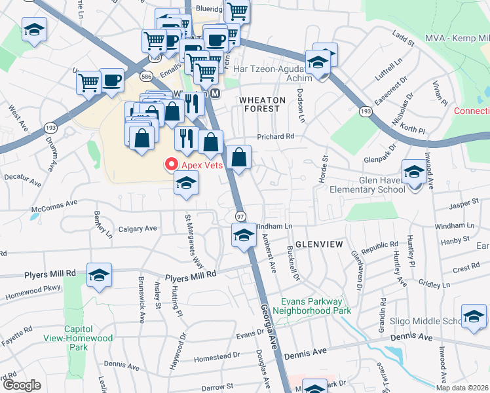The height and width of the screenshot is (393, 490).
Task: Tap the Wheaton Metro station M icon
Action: coord(215,94)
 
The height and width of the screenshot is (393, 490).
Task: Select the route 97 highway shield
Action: coord(240,216)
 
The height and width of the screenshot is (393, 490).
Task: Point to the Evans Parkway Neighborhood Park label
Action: coord(312,306)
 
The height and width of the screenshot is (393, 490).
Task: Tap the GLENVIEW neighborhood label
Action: coord(319,244)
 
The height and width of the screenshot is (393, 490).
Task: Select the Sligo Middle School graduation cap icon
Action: coord(474,317)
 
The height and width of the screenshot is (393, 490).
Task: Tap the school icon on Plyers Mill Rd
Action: coord(99,275)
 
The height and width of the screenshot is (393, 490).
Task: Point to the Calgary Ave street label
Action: coord(138,229)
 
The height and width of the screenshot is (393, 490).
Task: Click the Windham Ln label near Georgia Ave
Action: coord(276,225)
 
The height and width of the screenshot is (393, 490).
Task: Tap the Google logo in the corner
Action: coord(22,385)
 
